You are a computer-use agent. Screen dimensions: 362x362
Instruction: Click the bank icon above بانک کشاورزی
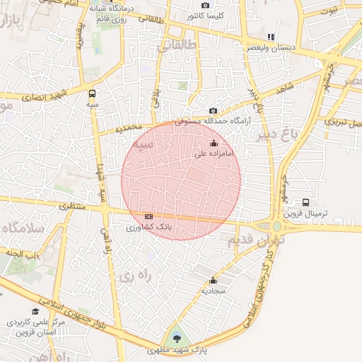coord(148,216)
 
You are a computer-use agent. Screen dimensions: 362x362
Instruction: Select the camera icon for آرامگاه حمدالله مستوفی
coord(214,111)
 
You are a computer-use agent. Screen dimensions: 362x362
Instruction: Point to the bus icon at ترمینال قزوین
coord(305,202)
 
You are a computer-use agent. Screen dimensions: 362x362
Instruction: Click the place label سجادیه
coord(213,291)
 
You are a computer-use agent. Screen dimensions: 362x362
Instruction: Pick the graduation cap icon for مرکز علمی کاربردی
coord(35,312)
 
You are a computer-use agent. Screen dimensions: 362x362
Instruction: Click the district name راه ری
coord(133,273)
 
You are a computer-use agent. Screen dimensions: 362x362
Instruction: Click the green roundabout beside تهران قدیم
coord(277,227)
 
